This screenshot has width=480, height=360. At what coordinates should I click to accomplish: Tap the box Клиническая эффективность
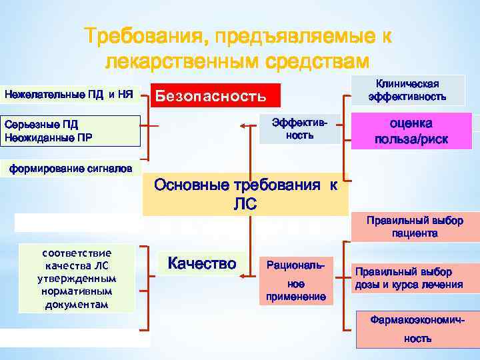point(407,90)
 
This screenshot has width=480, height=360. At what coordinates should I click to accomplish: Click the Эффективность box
point(299,128)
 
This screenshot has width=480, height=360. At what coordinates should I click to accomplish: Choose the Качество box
point(202,264)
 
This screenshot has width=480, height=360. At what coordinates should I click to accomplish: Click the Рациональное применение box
point(295,281)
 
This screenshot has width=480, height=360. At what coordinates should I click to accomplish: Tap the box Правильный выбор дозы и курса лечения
point(408,279)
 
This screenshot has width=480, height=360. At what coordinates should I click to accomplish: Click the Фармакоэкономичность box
point(417,329)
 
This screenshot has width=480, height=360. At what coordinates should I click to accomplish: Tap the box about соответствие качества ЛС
point(77,279)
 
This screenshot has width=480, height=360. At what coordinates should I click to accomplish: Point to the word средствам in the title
point(315,61)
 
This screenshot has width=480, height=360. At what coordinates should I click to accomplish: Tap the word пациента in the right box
point(415,233)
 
